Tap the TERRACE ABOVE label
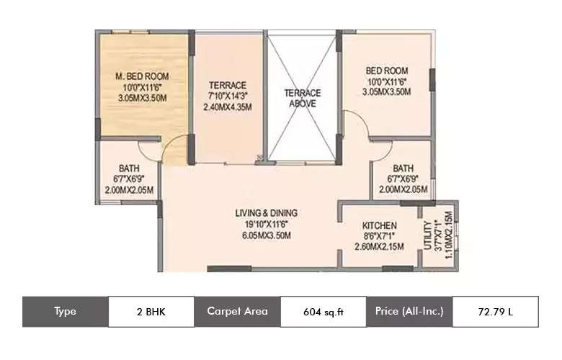pyautogui.click(x=302, y=98)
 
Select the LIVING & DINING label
pyautogui.click(x=267, y=213)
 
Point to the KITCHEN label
pyautogui.click(x=379, y=225)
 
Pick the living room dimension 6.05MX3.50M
pyautogui.click(x=267, y=235)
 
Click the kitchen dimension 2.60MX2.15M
pyautogui.click(x=379, y=246)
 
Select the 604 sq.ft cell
pyautogui.click(x=323, y=312)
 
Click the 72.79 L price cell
pyautogui.click(x=495, y=312)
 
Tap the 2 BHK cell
pyautogui.click(x=151, y=312)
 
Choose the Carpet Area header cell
pyautogui.click(x=237, y=312)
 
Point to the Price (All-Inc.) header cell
pyautogui.click(x=409, y=312)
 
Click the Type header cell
pyautogui.click(x=65, y=312)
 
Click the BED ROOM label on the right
pyautogui.click(x=386, y=71)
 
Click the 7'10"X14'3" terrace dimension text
pyautogui.click(x=228, y=96)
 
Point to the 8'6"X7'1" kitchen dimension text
pyautogui.click(x=379, y=236)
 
